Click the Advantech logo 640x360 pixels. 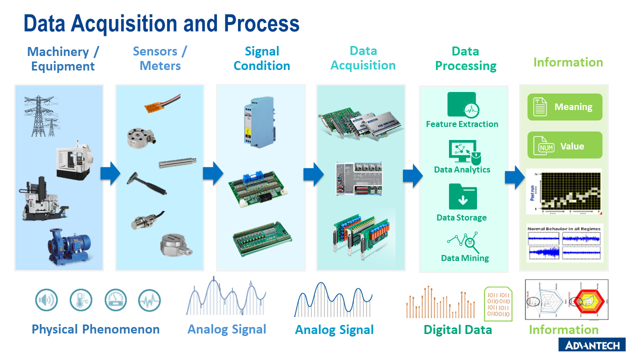[x=592, y=345]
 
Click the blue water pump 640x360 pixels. [x=68, y=245]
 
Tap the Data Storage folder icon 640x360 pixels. [x=462, y=196]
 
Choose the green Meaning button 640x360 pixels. [x=564, y=107]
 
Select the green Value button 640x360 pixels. [x=564, y=146]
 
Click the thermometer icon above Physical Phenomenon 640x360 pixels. [x=81, y=300]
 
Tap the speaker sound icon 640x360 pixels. [x=46, y=300]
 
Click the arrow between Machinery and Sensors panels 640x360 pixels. [x=110, y=173]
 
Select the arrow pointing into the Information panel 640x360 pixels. [x=514, y=177]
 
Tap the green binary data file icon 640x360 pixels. [x=498, y=304]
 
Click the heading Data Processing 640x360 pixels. [x=465, y=58]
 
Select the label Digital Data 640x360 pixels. [x=457, y=330]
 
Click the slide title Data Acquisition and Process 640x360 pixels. [x=161, y=23]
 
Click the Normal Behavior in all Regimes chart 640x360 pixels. [x=564, y=242]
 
